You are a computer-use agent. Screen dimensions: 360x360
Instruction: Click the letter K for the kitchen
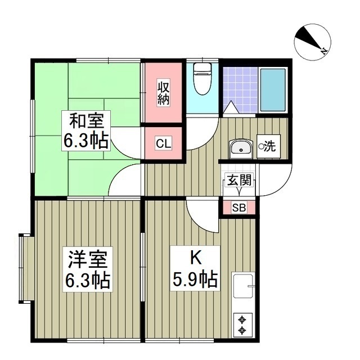click(195, 259)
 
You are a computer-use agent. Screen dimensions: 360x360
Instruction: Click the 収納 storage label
click(163, 93)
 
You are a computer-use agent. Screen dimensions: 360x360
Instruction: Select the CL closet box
click(163, 144)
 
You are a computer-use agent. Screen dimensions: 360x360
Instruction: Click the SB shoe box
click(239, 208)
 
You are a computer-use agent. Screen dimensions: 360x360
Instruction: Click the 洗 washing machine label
click(268, 147)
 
